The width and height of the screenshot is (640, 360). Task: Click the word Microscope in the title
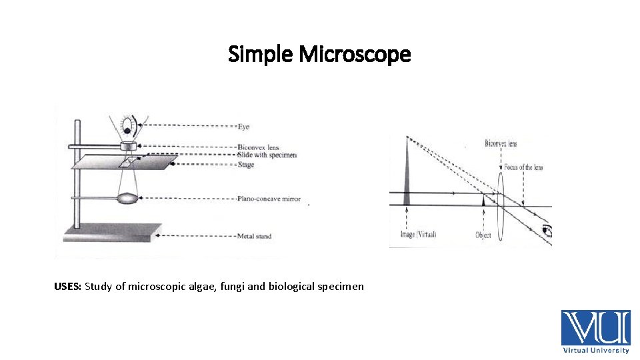point(355,54)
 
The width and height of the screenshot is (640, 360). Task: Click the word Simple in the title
point(261,54)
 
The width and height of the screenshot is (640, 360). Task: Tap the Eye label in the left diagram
point(243,126)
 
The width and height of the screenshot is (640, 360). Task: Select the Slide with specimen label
point(267,155)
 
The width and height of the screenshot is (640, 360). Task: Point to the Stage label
point(245,165)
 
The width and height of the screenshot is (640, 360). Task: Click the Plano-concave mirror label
point(269,198)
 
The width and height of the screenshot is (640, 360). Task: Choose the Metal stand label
point(254,236)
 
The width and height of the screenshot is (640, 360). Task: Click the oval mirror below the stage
point(128,198)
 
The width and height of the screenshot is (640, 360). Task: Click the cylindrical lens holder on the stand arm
point(128,145)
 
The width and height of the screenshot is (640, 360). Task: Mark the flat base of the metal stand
point(111,232)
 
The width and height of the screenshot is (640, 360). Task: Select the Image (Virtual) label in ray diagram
point(418,235)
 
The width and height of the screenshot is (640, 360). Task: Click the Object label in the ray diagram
point(483,235)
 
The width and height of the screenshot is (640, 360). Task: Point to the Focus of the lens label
point(523,167)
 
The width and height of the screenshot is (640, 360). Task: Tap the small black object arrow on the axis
point(483,200)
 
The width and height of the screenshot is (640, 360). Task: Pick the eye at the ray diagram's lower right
point(547,231)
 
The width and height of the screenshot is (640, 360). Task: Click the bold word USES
point(67,287)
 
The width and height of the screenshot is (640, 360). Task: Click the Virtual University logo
point(595,331)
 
